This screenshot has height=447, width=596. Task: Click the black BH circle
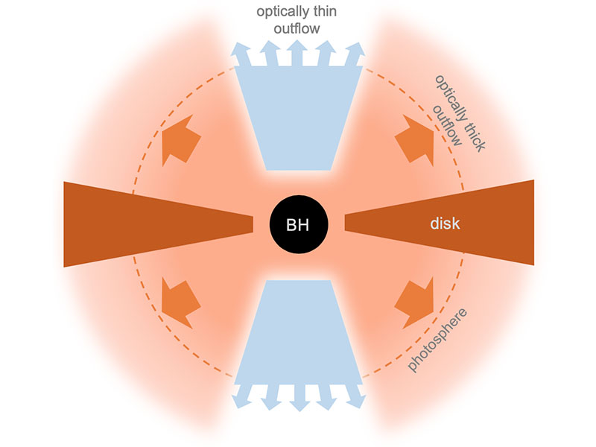[299, 223]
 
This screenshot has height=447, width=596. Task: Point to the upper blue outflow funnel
[298, 119]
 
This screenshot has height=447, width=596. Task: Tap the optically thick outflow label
[455, 112]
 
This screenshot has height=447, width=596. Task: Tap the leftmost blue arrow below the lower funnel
[241, 396]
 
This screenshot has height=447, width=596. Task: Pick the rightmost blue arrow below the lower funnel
[355, 396]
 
